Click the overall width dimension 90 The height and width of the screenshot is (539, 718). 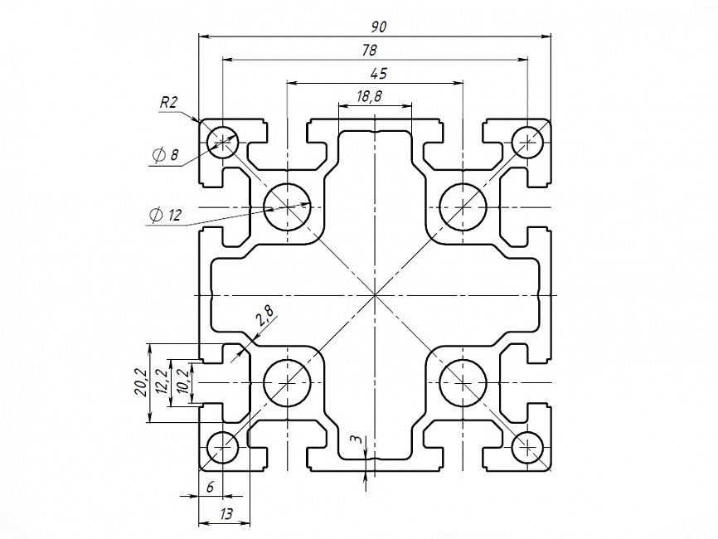click(379, 27)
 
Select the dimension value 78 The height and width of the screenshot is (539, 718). click(371, 50)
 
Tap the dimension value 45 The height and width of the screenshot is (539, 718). click(377, 74)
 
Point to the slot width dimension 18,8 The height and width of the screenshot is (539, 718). click(369, 96)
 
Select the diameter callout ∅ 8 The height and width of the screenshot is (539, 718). click(165, 154)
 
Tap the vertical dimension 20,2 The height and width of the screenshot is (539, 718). click(141, 383)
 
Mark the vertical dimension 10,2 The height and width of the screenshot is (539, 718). click(183, 382)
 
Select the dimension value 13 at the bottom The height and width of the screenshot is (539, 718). click(225, 514)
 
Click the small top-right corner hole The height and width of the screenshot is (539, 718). click(527, 142)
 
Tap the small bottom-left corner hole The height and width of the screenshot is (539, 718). click(222, 448)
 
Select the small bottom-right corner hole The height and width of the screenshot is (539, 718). click(527, 448)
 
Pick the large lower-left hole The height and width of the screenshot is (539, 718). click(287, 383)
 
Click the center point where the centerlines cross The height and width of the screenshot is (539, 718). click(375, 294)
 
